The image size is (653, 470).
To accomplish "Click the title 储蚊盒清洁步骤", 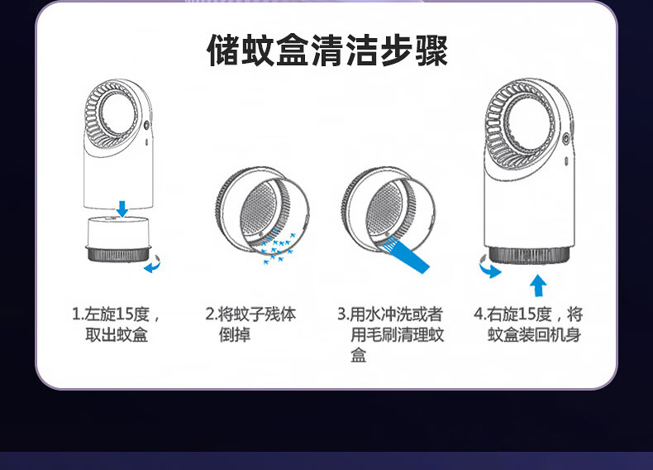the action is [327, 50].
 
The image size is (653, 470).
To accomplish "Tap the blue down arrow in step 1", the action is [122, 209].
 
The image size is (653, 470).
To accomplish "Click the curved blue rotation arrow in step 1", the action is [152, 265].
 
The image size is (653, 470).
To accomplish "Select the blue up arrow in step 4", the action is [538, 285].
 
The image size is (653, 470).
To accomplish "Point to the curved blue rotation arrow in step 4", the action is [489, 267].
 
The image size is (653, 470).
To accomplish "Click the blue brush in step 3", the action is [407, 255].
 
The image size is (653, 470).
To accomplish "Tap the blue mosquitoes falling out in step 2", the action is [277, 247].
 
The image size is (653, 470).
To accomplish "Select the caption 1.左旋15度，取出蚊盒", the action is [117, 324].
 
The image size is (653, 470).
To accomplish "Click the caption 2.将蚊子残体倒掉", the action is [250, 324].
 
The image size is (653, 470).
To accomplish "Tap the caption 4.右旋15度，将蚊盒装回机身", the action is [528, 324].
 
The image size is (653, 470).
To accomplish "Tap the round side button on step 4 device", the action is [566, 138].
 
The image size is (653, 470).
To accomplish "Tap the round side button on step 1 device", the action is [146, 126].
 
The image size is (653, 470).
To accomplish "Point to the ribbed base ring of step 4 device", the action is [529, 255].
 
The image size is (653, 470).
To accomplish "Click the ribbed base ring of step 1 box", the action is [118, 254].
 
